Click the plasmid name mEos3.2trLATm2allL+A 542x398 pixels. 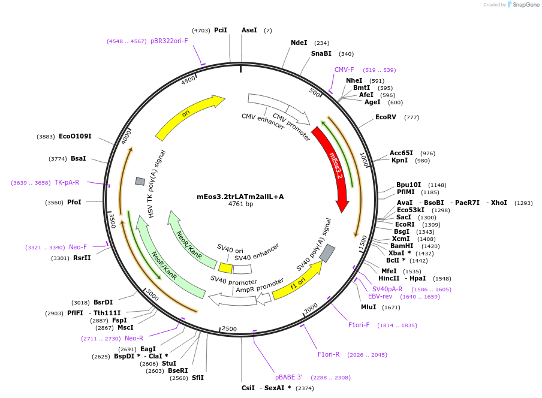pyautogui.click(x=240, y=197)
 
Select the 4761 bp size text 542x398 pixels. pyautogui.click(x=240, y=204)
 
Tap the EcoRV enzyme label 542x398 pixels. pyautogui.click(x=386, y=117)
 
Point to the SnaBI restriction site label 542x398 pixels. pyautogui.click(x=321, y=53)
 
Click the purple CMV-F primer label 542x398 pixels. pyautogui.click(x=344, y=70)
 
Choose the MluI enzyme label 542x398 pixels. pyautogui.click(x=368, y=307)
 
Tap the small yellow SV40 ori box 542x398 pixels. pyautogui.click(x=225, y=268)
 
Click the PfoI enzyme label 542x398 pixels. pyautogui.click(x=74, y=202)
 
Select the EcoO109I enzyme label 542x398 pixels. pyautogui.click(x=75, y=136)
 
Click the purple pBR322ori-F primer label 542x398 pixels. pyautogui.click(x=169, y=41)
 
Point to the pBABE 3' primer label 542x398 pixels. pyautogui.click(x=289, y=377)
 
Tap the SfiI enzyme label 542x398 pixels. pyautogui.click(x=198, y=378)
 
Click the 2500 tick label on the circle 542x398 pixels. pyautogui.click(x=230, y=328)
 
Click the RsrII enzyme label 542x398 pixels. pyautogui.click(x=82, y=258)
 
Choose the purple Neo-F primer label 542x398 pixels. pyautogui.click(x=78, y=247)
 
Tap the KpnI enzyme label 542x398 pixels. pyautogui.click(x=399, y=160)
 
